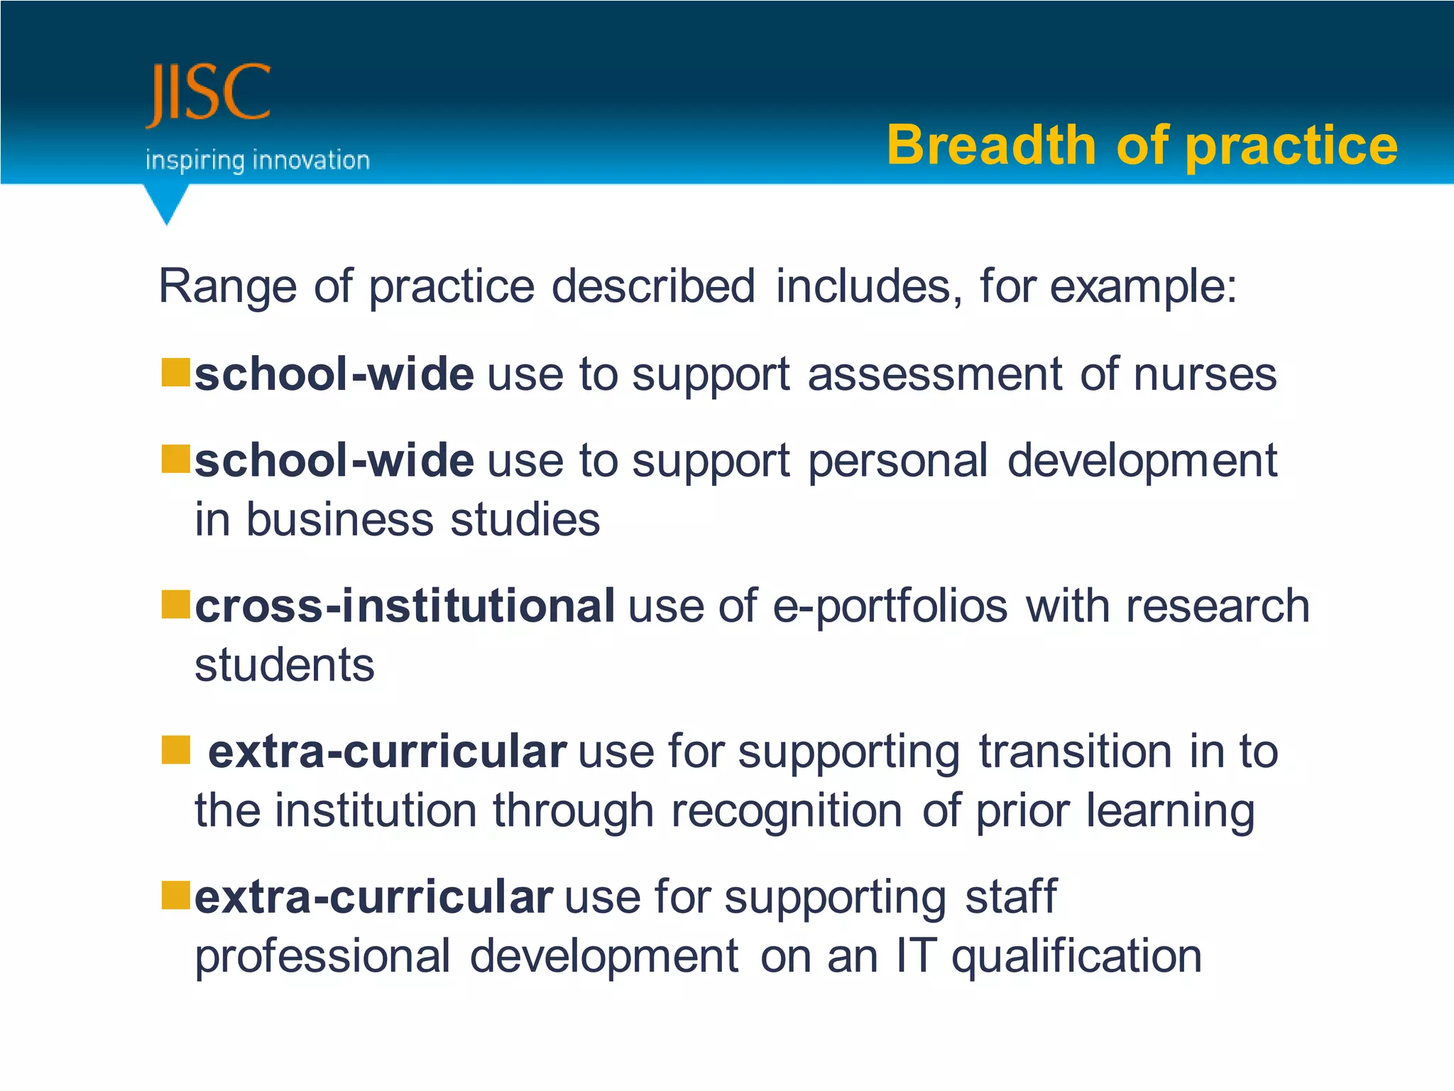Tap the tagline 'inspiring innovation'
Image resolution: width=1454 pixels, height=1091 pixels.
(257, 161)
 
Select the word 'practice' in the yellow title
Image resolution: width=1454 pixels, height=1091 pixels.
(1291, 146)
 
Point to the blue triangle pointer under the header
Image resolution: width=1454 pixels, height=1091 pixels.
(166, 203)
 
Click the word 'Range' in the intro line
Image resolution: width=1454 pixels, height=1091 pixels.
(227, 286)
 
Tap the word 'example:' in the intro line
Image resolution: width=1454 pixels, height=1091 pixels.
(1143, 288)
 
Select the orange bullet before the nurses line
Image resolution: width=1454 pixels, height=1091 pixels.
(175, 372)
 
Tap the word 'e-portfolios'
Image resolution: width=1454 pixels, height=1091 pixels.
(890, 607)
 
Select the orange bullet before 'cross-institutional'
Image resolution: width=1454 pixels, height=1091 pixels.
(175, 604)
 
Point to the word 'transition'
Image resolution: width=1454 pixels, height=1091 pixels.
(1075, 751)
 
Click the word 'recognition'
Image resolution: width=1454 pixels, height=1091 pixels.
(787, 811)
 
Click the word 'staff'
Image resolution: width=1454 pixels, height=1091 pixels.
(1011, 896)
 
